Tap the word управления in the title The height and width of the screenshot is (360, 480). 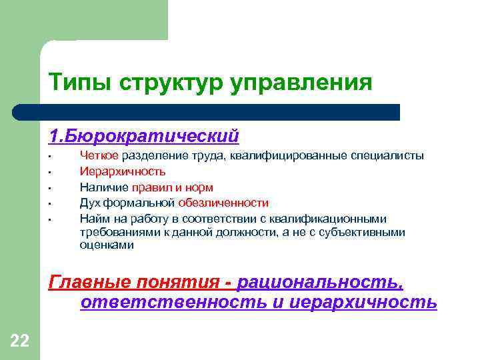coord(301,83)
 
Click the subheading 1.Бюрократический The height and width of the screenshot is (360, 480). coord(143,137)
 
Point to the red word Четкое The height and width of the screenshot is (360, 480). coord(99,155)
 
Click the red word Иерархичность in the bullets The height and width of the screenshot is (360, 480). coord(123,171)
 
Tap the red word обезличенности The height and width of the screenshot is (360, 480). coord(223,203)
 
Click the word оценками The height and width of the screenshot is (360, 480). coord(107,245)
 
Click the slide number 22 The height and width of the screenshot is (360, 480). coord(19,342)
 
